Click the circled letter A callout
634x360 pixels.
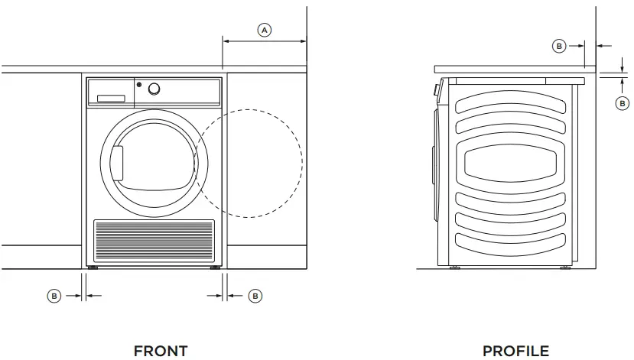pyautogui.click(x=265, y=30)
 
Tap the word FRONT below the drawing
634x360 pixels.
pyautogui.click(x=161, y=351)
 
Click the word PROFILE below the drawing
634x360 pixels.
pyautogui.click(x=515, y=351)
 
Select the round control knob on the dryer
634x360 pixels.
pyautogui.click(x=154, y=89)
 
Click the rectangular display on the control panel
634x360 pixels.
pyautogui.click(x=110, y=99)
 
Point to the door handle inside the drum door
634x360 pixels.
pyautogui.click(x=117, y=164)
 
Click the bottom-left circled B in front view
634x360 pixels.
pyautogui.click(x=54, y=296)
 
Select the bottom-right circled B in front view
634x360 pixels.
pyautogui.click(x=255, y=296)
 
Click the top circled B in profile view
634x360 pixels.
pyautogui.click(x=559, y=47)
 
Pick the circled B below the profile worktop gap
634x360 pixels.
pyautogui.click(x=623, y=102)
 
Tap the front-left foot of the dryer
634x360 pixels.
pyautogui.click(x=93, y=268)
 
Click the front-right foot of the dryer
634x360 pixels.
pyautogui.click(x=215, y=268)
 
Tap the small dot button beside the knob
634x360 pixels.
pyautogui.click(x=139, y=85)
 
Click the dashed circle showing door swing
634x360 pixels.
pyautogui.click(x=301, y=163)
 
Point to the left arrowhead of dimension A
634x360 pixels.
pyautogui.click(x=225, y=40)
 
